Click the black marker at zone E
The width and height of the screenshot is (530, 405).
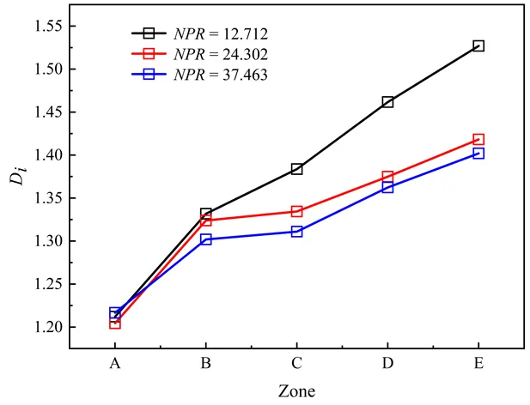[478, 45]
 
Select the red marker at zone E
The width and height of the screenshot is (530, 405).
[478, 139]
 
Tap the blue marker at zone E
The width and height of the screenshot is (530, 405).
[478, 154]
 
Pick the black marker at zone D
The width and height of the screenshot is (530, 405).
[387, 102]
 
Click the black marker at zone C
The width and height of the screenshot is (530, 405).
[296, 169]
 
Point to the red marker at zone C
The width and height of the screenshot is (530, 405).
[296, 211]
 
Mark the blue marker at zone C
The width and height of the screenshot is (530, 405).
[296, 232]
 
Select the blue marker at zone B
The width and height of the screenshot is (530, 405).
[205, 239]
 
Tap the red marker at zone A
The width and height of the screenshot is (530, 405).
[114, 323]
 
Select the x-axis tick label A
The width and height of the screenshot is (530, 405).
[114, 364]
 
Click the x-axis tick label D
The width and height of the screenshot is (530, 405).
[387, 364]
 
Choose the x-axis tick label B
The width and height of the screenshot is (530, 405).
[205, 364]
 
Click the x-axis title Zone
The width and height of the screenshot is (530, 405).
[296, 391]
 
